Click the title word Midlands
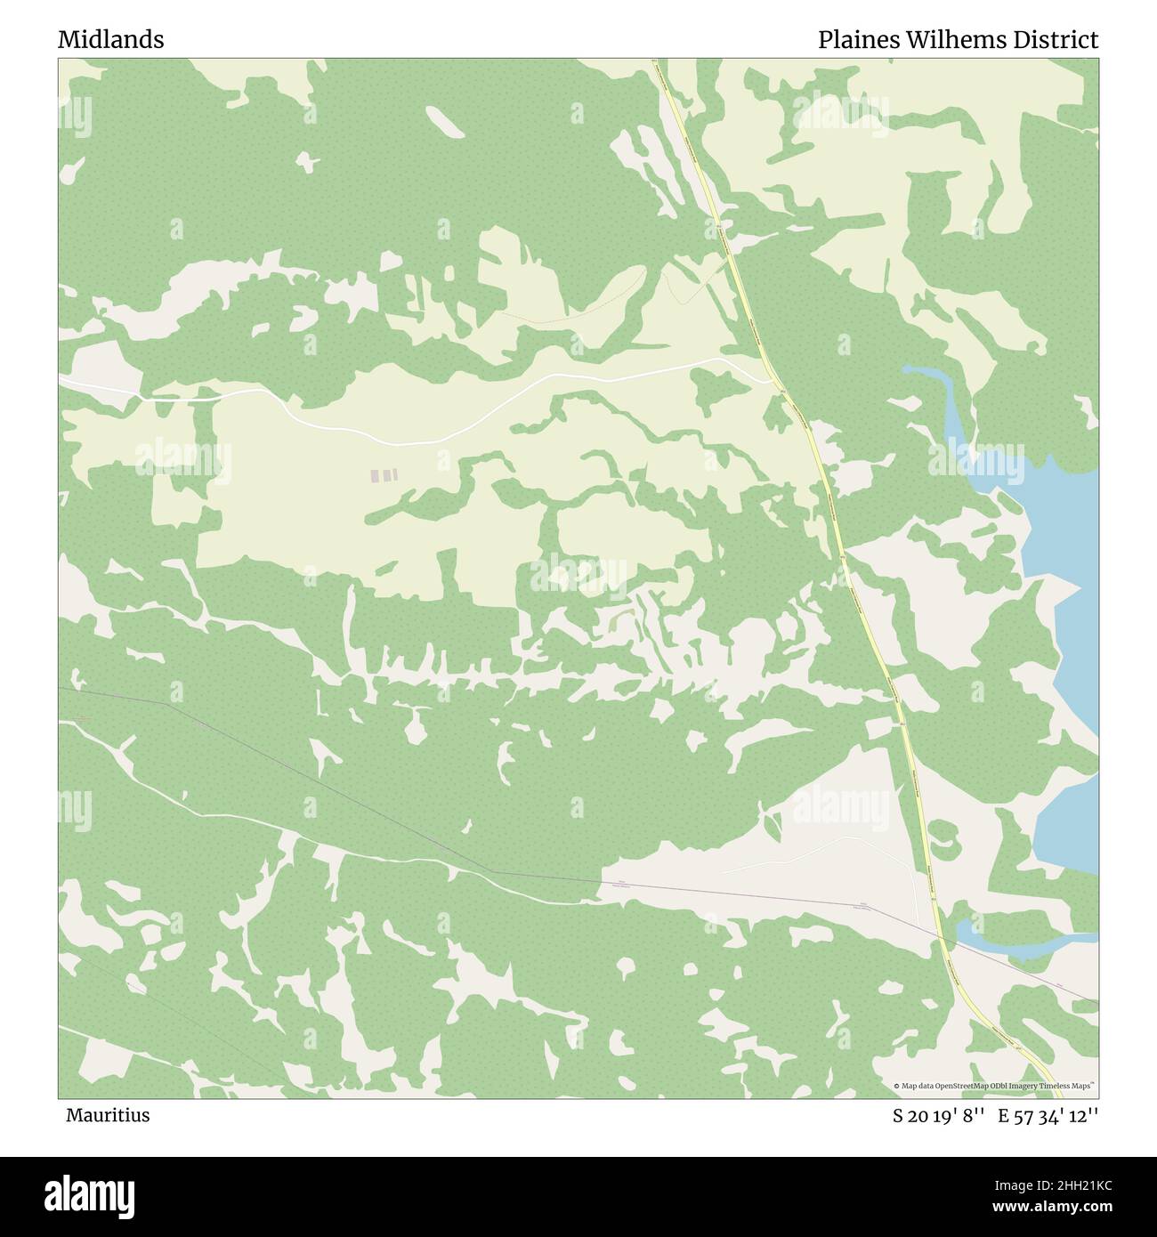point(110,39)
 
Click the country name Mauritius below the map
point(107,1115)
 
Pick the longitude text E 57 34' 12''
point(1048,1115)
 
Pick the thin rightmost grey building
point(394,476)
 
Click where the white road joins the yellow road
point(771,382)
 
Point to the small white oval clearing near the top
point(444,121)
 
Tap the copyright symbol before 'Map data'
point(897,1086)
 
